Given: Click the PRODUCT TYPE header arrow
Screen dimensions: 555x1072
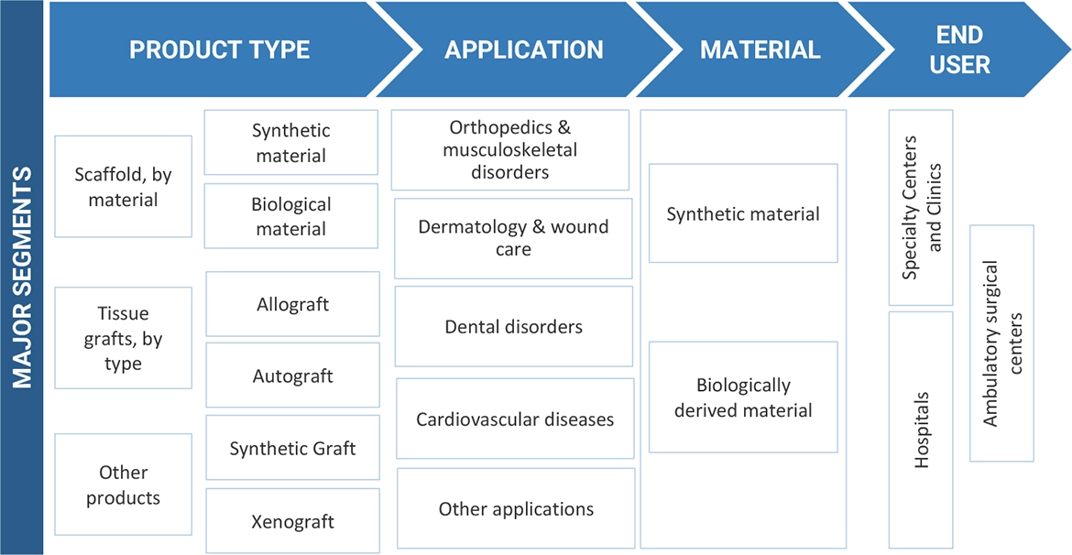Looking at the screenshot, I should coord(220,49).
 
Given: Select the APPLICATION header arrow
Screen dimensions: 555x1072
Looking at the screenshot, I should coord(524,49).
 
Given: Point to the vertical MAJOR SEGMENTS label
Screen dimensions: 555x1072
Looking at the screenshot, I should coord(22,277).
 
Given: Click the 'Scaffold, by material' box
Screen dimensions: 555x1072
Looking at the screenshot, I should coord(124,187).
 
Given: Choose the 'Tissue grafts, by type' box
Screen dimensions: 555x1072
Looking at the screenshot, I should coord(124,338).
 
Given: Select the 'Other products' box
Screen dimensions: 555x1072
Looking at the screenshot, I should coord(124,485).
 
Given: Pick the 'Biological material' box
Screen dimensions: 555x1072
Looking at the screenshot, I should coord(291,216).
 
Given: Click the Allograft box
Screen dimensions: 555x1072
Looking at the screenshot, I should coord(293,304).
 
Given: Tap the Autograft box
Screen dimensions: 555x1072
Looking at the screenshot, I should coord(293,375).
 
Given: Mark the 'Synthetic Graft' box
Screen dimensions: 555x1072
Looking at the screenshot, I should coord(293,448).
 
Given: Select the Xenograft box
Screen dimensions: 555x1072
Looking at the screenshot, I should coord(293,521).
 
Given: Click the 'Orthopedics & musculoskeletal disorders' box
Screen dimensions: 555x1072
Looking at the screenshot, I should coord(510,150).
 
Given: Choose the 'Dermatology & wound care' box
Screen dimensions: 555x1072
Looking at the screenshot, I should coord(513,238).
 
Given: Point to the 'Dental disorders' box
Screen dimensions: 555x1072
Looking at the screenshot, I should coord(513,326).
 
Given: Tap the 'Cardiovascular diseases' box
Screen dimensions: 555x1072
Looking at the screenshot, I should coord(515,419).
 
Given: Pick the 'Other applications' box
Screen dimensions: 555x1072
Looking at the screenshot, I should coord(516,509).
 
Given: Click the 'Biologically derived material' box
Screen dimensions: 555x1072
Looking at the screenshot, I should coord(743,397).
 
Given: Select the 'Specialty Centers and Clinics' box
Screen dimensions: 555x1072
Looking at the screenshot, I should coord(922,208).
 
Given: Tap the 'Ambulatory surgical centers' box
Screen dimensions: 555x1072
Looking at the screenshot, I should coord(1001,343).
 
